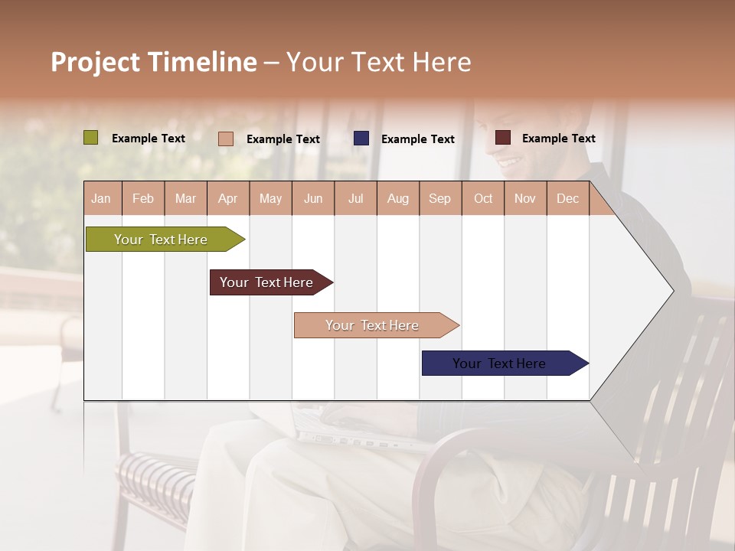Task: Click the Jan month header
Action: coord(101,198)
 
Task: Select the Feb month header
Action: coord(143,198)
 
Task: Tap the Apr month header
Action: coord(227,198)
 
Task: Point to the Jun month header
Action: coord(313,198)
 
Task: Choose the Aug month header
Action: coord(397,198)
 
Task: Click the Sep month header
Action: coord(439,198)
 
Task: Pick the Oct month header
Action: coord(483,198)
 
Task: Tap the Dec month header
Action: coord(567,198)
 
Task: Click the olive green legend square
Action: coord(91,138)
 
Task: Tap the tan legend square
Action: coord(226,139)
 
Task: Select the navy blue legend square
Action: coord(361,139)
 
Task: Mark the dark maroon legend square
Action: coord(503,138)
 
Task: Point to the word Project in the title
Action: coord(96,62)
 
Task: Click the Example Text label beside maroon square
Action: coord(558,139)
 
